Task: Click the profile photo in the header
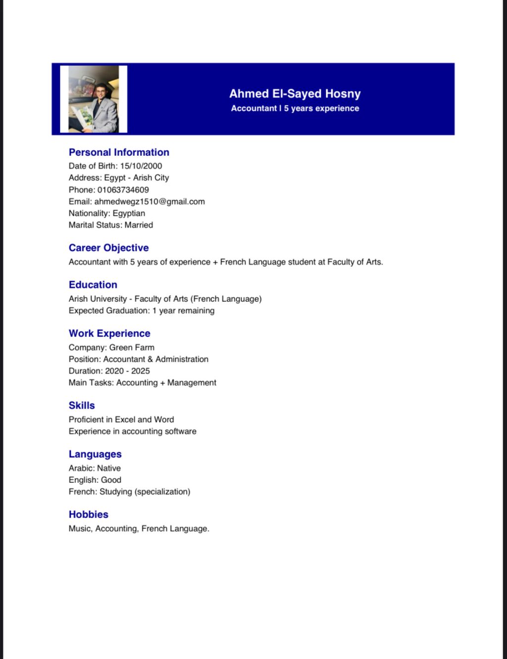tap(94, 99)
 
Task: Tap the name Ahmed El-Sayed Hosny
tap(295, 94)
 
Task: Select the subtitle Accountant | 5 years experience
tap(295, 108)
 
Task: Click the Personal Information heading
tap(119, 152)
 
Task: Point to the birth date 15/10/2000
tap(141, 166)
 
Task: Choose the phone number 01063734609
tap(123, 190)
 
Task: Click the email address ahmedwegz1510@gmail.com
tap(150, 202)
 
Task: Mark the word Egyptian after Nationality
tap(129, 214)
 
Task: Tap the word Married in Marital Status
tap(139, 225)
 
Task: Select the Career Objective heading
tap(108, 248)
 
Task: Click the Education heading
tap(93, 285)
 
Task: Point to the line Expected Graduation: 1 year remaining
tap(142, 311)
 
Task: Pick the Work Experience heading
tap(109, 333)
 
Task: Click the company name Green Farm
tap(132, 348)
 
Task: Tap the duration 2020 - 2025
tap(127, 371)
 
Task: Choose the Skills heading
tap(82, 406)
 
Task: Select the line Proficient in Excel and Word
tap(121, 420)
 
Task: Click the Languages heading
tap(95, 454)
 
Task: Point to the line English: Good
tap(95, 480)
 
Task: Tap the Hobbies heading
tap(88, 515)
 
